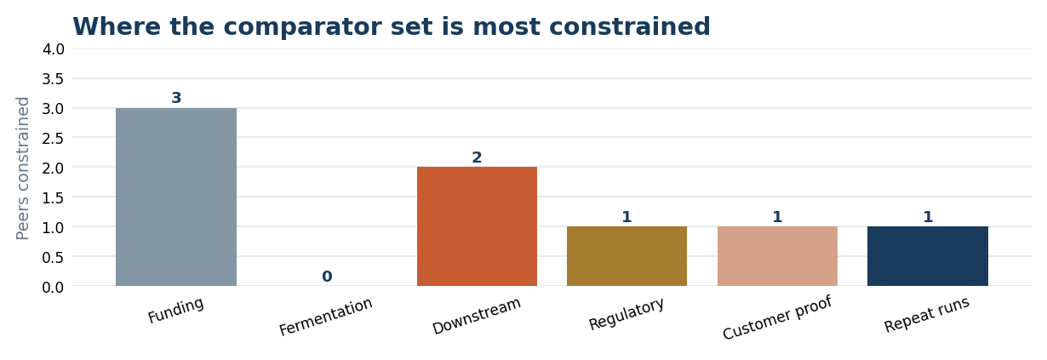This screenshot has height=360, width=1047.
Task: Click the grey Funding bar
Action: click(x=176, y=197)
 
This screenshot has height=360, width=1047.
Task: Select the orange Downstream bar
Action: click(x=477, y=226)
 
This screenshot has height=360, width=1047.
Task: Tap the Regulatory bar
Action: click(x=626, y=256)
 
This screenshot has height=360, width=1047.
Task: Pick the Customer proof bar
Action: click(x=777, y=256)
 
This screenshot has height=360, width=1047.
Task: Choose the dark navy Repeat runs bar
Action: click(x=928, y=256)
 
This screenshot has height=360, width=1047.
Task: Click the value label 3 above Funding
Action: click(x=176, y=98)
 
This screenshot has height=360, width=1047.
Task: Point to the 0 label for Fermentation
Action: click(x=327, y=277)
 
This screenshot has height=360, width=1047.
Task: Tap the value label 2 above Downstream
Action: click(x=477, y=157)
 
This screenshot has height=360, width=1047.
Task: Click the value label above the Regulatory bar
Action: click(x=626, y=217)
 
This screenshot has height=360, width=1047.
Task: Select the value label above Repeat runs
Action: click(x=928, y=217)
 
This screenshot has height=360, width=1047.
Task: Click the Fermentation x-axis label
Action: click(x=326, y=317)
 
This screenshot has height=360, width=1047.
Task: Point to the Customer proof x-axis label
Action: click(x=777, y=317)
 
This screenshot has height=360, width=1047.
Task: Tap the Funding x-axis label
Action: click(x=175, y=310)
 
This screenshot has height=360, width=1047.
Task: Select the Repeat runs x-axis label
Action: click(x=926, y=315)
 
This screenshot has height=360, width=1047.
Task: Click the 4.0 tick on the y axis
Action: click(x=54, y=49)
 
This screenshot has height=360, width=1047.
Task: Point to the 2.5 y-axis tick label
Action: click(x=54, y=139)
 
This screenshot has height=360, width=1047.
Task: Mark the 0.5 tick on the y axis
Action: click(x=54, y=257)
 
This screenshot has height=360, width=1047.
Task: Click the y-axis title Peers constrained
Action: click(x=22, y=169)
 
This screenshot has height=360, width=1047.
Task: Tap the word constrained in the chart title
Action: click(x=592, y=26)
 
